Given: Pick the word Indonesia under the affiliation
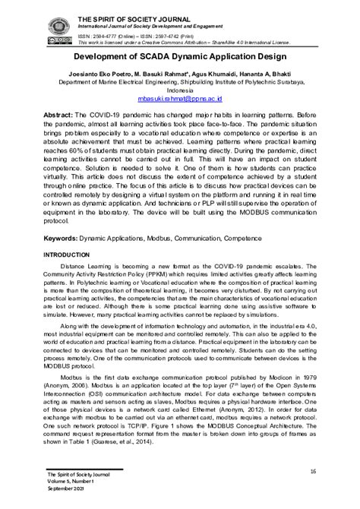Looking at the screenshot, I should (180, 90).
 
